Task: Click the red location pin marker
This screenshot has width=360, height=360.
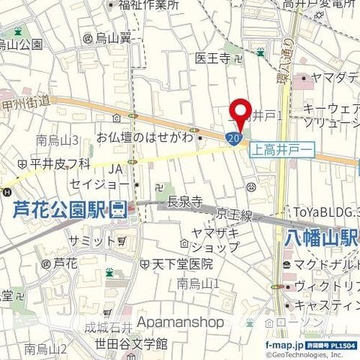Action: (240, 112)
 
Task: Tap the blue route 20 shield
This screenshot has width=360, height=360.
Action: (233, 138)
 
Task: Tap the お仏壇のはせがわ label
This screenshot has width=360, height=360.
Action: (145, 137)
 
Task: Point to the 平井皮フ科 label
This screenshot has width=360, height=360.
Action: (53, 162)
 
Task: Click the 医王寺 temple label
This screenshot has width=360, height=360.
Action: (212, 58)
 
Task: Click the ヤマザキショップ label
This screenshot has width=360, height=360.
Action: (214, 239)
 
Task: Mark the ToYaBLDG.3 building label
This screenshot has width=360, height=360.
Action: (331, 212)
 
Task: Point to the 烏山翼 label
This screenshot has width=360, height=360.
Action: (113, 37)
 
